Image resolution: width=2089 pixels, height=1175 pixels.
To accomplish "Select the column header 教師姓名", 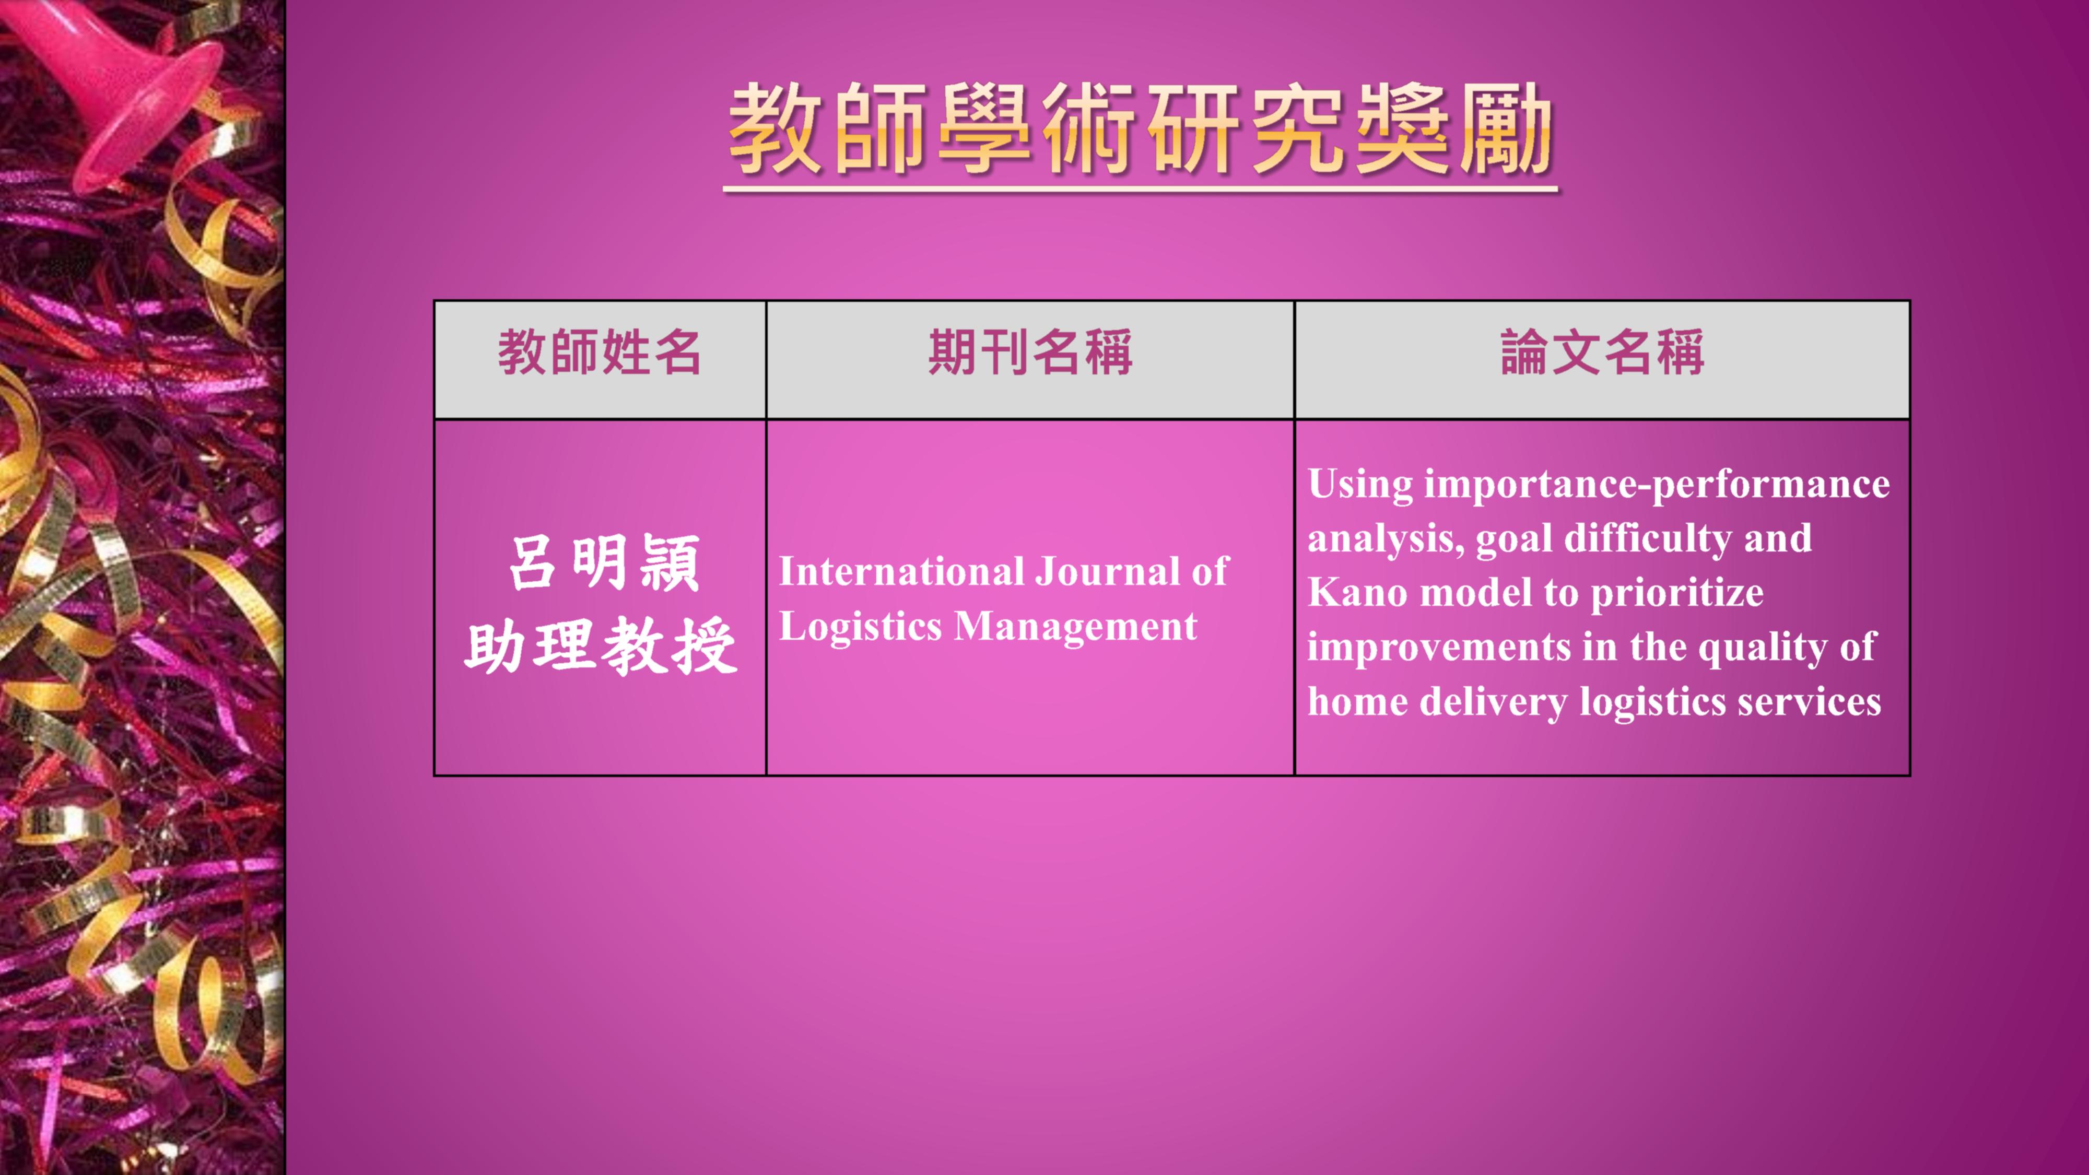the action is tap(600, 352).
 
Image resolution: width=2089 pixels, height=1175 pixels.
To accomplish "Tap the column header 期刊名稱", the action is tap(1030, 352).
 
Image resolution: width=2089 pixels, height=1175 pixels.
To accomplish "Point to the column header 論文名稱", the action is tap(1602, 352).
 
